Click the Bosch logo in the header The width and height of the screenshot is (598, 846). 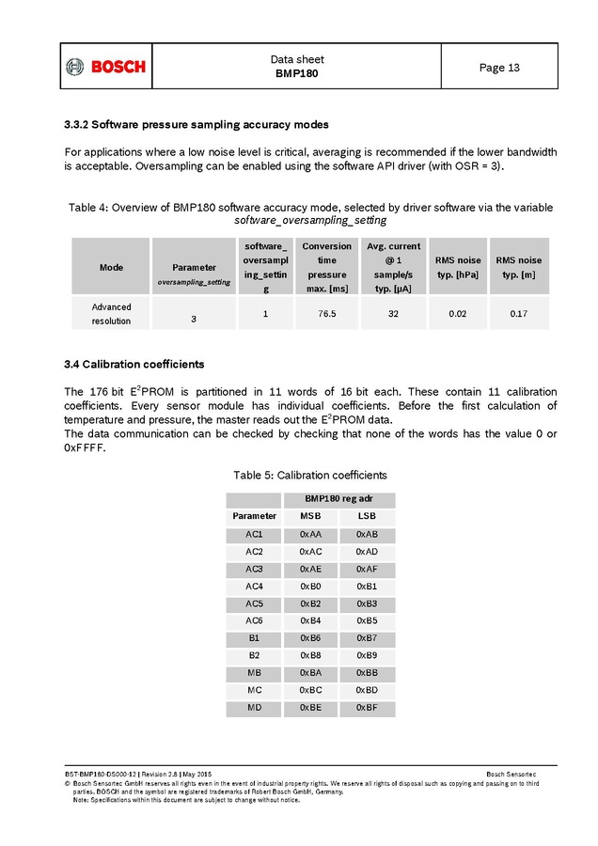106,67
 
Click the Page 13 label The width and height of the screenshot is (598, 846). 498,68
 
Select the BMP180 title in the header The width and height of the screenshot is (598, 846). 296,73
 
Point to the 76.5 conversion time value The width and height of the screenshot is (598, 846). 326,313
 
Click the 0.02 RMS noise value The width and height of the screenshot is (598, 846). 458,313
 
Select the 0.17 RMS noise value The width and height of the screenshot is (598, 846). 518,313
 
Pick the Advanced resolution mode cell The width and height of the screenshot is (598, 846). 111,313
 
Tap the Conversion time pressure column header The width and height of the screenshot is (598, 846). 326,266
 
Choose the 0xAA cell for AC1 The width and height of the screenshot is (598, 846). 310,534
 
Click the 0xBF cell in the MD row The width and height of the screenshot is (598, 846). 367,707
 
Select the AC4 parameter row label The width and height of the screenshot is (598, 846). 254,586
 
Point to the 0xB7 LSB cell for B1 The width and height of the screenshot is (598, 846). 367,637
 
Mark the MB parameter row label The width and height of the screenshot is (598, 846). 254,672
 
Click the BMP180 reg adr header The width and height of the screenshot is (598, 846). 338,499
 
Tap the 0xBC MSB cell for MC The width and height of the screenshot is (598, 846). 310,690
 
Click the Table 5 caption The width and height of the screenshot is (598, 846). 310,475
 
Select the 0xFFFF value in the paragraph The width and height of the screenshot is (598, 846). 84,447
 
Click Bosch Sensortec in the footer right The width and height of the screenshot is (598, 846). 511,774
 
